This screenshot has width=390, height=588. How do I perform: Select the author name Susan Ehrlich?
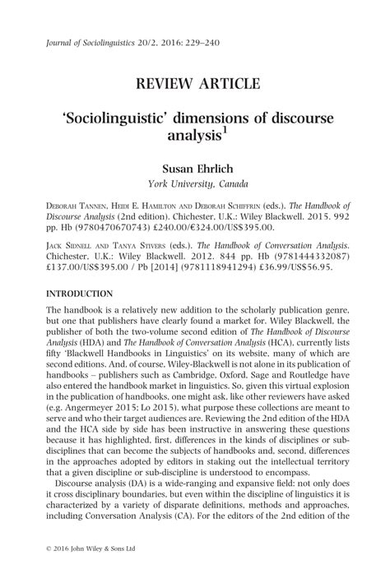tap(195, 168)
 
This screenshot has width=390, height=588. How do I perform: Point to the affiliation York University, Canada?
tap(195, 183)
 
